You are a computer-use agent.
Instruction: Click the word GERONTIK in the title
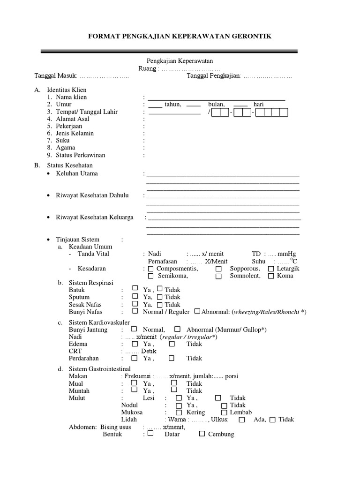[x=248, y=36]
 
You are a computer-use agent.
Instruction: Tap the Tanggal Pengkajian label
[x=214, y=76]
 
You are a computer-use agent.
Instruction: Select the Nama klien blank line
[x=216, y=98]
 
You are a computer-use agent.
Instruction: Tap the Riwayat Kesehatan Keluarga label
[x=94, y=217]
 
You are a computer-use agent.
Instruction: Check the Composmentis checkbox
[x=150, y=269]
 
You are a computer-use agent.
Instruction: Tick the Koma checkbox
[x=271, y=276]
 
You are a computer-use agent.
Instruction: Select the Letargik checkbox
[x=271, y=269]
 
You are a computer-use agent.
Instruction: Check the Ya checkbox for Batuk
[x=135, y=289]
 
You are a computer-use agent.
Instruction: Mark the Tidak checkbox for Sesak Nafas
[x=160, y=304]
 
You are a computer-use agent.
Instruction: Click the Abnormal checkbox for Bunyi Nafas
[x=197, y=311]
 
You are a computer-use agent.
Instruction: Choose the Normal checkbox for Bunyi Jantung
[x=135, y=329]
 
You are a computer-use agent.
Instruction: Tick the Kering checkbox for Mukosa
[x=178, y=412]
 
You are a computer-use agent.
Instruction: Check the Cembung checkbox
[x=202, y=434]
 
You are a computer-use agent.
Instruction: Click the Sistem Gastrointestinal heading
[x=100, y=369]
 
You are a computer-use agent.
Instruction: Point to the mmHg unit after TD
[x=287, y=254]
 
